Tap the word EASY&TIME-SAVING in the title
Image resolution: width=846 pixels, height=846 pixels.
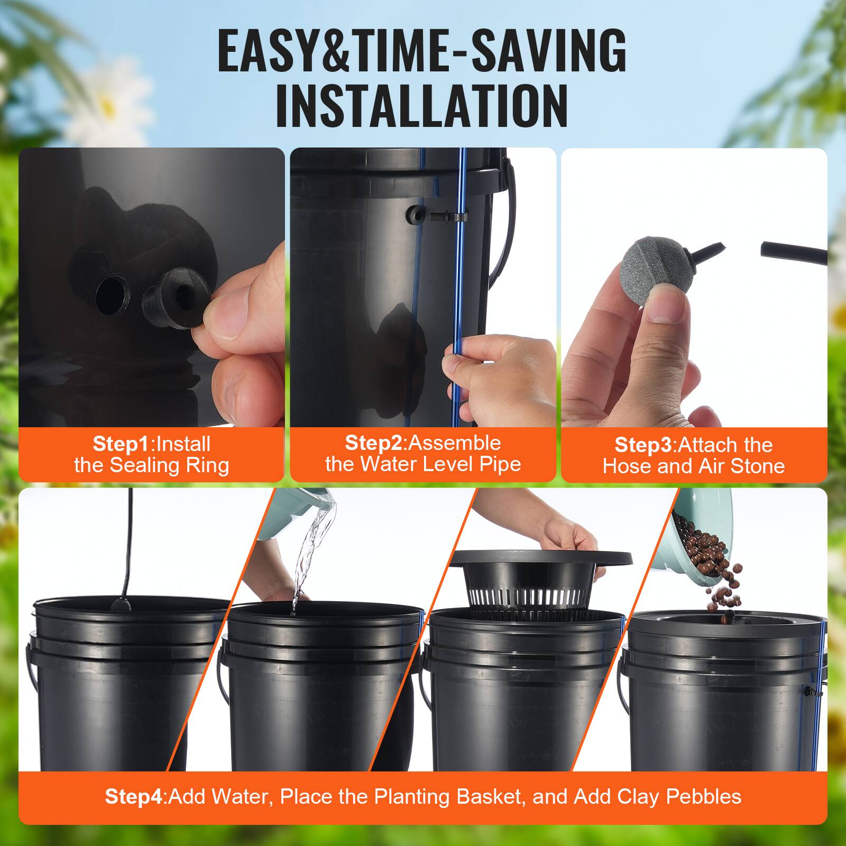pyautogui.click(x=422, y=51)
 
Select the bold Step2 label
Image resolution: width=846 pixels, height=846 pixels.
pyautogui.click(x=373, y=443)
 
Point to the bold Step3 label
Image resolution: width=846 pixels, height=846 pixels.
pyautogui.click(x=643, y=445)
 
